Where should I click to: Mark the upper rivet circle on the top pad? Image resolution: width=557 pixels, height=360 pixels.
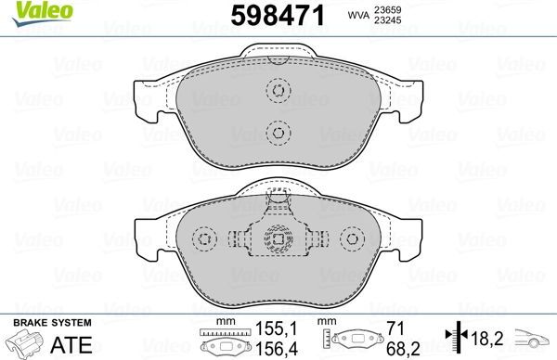[276, 91]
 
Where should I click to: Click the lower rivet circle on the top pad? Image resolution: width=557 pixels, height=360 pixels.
[276, 133]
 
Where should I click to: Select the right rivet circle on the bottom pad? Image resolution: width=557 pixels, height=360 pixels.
[351, 240]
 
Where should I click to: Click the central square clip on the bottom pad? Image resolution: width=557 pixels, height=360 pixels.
[276, 240]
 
